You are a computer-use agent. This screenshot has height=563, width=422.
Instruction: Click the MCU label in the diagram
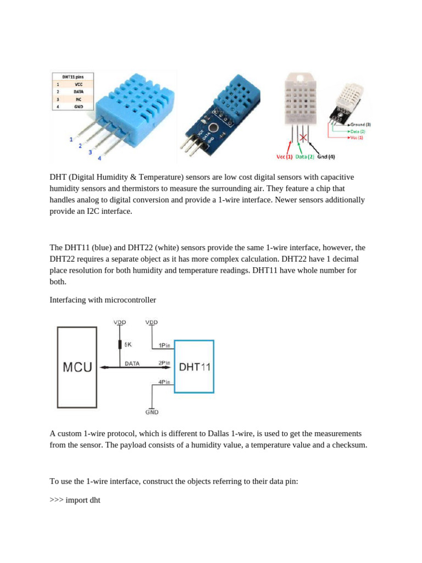tap(77, 367)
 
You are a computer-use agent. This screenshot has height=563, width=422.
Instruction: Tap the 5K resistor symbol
tap(120, 345)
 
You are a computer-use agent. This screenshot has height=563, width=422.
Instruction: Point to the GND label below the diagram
tap(152, 412)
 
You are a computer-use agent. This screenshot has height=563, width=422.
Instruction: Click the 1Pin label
tap(164, 345)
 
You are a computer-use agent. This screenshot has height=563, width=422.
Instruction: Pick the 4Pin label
tap(164, 382)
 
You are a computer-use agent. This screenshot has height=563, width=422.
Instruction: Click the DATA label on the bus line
tap(132, 363)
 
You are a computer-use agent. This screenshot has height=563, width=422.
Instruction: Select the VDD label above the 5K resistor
tap(120, 322)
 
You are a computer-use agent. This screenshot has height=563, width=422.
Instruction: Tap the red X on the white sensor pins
tap(302, 136)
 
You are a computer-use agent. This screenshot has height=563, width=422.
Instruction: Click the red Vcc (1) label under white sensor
tap(284, 157)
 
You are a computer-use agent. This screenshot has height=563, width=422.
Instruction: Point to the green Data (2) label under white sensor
tap(305, 157)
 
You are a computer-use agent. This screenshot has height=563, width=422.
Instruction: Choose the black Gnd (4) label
tap(326, 157)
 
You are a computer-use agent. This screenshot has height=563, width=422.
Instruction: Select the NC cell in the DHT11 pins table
tap(79, 100)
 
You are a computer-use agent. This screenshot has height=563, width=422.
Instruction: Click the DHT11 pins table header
tap(72, 77)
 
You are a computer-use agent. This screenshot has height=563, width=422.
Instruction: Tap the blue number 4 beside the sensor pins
tap(99, 158)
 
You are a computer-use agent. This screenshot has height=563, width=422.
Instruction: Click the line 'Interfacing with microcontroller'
tap(103, 300)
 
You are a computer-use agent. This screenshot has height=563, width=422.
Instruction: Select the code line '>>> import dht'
tap(75, 500)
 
